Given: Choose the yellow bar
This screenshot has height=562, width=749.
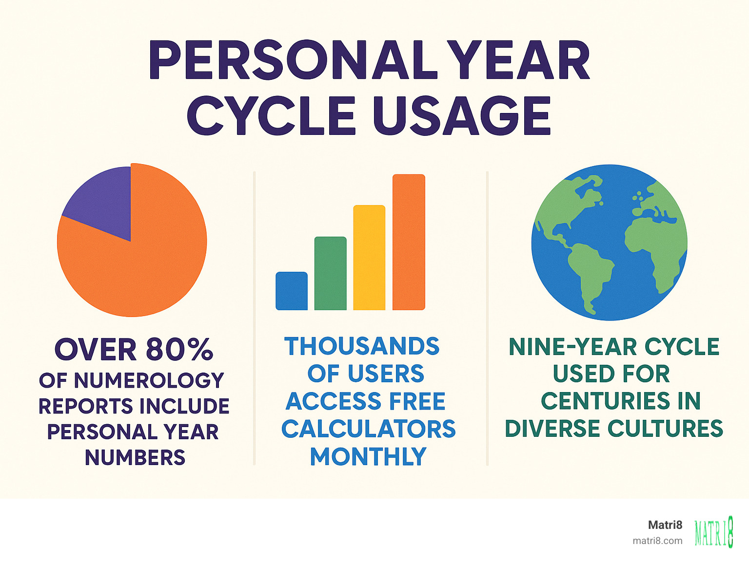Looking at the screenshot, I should click(369, 258).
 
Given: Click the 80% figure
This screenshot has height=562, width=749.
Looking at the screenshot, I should click(179, 349).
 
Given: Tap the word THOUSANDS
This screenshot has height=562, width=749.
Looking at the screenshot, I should click(362, 347).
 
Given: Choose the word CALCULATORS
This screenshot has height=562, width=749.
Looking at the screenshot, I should click(368, 429).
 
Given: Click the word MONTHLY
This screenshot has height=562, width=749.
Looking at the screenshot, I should click(368, 457).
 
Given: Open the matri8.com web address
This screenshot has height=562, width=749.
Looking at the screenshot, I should click(657, 541).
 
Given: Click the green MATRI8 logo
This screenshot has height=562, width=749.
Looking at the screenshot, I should click(714, 532).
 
